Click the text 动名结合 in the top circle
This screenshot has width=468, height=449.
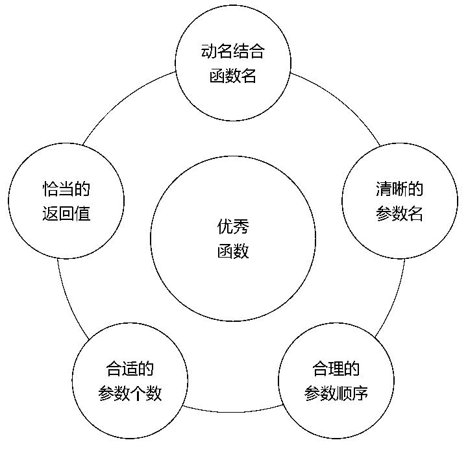233,51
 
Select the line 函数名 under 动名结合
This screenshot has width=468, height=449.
233,76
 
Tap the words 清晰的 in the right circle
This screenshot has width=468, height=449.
400,189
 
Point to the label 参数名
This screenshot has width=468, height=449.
400,213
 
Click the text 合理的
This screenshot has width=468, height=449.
336,369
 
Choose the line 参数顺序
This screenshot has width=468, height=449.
336,393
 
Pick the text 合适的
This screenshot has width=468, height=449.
130,369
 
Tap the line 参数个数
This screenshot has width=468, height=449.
130,393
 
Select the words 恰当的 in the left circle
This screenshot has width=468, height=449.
66,189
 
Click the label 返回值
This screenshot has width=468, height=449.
66,213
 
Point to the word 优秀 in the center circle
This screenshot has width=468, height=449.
233,226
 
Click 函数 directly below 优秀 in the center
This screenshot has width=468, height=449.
233,251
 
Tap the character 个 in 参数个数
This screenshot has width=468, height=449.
138,393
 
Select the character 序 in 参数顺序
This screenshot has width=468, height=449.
360,393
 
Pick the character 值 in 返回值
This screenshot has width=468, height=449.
82,213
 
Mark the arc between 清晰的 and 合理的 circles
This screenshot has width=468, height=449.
395,300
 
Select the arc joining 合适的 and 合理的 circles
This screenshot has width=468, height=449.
233,412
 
